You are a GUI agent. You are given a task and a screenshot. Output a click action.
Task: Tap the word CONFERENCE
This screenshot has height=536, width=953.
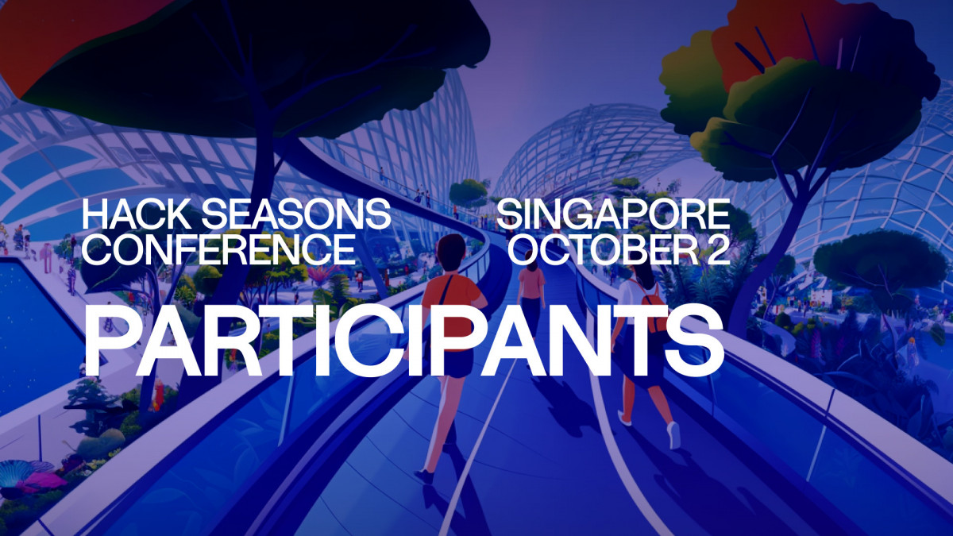click(219, 249)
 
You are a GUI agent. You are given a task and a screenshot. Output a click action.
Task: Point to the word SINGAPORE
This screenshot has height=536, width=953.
click(613, 214)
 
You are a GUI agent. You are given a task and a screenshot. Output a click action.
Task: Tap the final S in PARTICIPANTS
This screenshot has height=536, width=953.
click(696, 340)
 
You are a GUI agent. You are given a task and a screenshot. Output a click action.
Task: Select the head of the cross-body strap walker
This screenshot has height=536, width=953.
click(450, 247)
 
